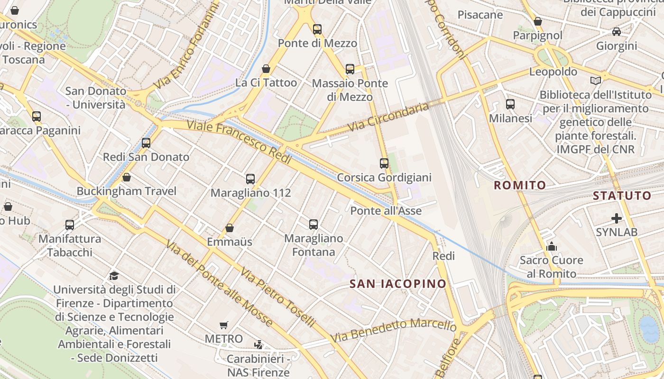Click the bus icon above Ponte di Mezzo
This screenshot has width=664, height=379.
(x=317, y=29)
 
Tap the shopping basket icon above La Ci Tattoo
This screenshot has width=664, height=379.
(x=266, y=69)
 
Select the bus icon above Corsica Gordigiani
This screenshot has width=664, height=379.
(x=384, y=163)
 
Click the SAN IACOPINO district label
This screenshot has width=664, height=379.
(x=398, y=284)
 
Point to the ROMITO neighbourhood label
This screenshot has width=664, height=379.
(x=520, y=185)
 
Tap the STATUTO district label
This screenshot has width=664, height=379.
(x=622, y=196)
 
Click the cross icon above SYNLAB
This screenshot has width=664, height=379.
(x=616, y=218)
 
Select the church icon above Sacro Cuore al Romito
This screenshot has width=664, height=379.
(x=551, y=246)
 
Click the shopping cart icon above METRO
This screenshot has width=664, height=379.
(x=224, y=325)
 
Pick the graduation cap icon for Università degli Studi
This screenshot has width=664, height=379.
(x=114, y=276)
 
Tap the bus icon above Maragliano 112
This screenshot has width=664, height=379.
(x=250, y=179)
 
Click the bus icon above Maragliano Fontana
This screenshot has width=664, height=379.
(x=314, y=225)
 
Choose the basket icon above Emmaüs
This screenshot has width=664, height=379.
(x=230, y=228)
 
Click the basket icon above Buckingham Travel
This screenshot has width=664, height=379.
(x=127, y=177)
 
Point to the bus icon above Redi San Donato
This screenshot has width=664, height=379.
(x=146, y=143)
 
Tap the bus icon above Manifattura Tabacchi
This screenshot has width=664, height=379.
(x=70, y=225)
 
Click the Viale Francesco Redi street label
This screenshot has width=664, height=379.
(x=239, y=142)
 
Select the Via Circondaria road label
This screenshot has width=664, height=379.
(x=388, y=117)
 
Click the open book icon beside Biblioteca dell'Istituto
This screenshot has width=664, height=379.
(x=596, y=81)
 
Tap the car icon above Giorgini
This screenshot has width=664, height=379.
(x=616, y=32)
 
